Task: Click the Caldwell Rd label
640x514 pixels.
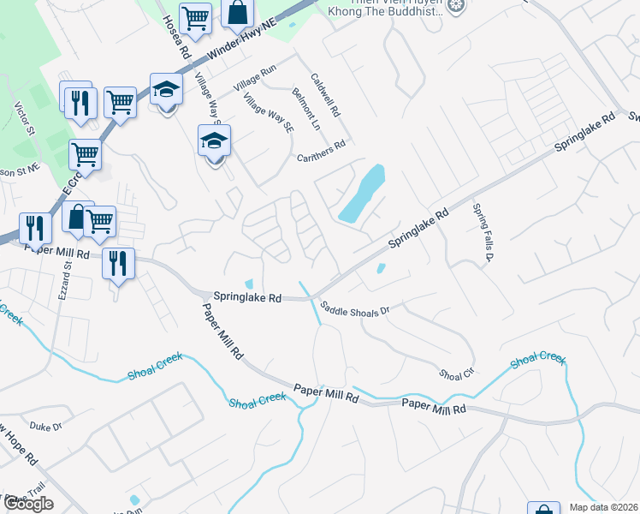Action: pyautogui.click(x=325, y=94)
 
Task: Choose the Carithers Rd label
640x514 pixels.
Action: pyautogui.click(x=320, y=146)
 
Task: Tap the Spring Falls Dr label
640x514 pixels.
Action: pyautogui.click(x=485, y=233)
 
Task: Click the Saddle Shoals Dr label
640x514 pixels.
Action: pyautogui.click(x=354, y=307)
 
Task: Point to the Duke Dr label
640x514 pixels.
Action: pyautogui.click(x=46, y=426)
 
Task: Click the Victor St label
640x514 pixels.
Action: pyautogui.click(x=24, y=120)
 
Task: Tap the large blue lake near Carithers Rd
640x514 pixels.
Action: pyautogui.click(x=362, y=194)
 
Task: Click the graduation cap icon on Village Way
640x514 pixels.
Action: pyautogui.click(x=214, y=140)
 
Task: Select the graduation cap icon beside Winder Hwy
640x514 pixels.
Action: pyautogui.click(x=166, y=88)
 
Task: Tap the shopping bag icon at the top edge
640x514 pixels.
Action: pyautogui.click(x=238, y=13)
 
